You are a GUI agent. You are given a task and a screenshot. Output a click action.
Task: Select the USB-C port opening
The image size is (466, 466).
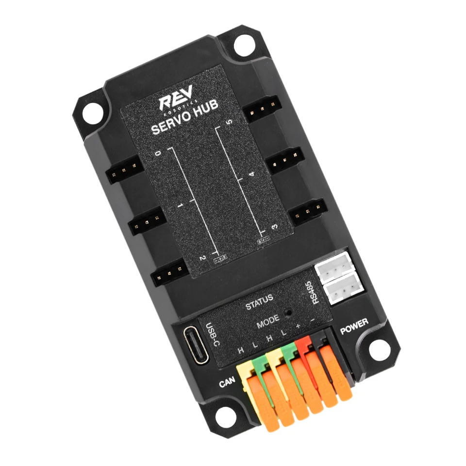coord(196,345)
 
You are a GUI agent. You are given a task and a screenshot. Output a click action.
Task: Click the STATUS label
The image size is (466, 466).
coord(259,302)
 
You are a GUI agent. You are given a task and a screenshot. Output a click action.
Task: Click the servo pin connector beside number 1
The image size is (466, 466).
coord(146,223)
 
